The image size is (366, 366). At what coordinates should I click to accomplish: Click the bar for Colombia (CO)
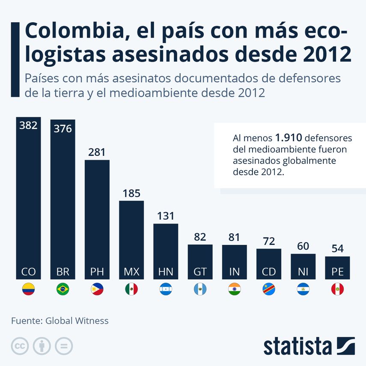(28, 197)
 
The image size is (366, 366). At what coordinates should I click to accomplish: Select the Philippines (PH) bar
(97, 218)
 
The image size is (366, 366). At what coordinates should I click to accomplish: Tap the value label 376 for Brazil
(63, 128)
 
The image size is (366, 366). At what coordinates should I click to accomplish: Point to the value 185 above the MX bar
(131, 193)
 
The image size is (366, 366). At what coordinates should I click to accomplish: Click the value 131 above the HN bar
(166, 216)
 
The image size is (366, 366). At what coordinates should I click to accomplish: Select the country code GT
(200, 271)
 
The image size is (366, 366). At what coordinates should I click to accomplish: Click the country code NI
(303, 271)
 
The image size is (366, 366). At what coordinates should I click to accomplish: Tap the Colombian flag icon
(28, 290)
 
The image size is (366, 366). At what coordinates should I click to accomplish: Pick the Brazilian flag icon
(63, 290)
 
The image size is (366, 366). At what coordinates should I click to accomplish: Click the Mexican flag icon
(131, 290)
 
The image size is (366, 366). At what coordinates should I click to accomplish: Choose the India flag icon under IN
(235, 290)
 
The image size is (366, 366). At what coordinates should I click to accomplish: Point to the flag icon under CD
(269, 290)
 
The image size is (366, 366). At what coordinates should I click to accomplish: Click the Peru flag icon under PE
(337, 290)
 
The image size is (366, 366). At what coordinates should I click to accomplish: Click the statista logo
(309, 346)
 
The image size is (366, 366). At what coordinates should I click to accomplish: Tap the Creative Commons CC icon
(20, 346)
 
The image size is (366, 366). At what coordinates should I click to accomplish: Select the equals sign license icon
(64, 346)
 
